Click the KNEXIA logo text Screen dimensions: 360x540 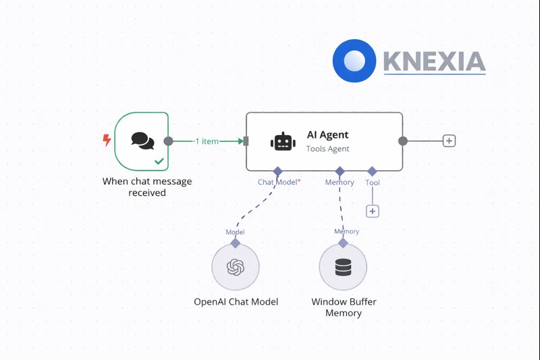tap(434, 61)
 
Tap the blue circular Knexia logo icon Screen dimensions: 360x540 tap(354, 61)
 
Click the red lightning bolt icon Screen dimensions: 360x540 tap(107, 140)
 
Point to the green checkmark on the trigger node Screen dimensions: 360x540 tap(159, 161)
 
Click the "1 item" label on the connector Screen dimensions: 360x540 tap(207, 141)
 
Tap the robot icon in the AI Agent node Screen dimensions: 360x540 tap(283, 142)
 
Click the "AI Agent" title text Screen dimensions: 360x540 tap(327, 134)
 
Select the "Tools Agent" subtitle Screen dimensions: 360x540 tap(327, 149)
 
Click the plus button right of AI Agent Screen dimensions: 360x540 tap(449, 140)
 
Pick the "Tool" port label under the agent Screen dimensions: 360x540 tap(373, 182)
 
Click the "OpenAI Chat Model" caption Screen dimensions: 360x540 tap(236, 302)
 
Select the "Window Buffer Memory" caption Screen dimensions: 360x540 tap(344, 307)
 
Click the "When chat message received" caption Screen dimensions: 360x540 tap(147, 187)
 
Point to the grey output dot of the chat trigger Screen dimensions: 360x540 tap(168, 141)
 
